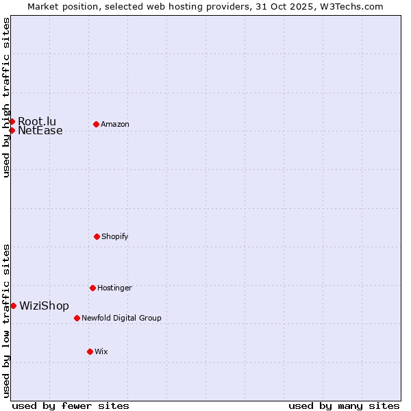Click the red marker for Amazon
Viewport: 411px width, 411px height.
pos(96,124)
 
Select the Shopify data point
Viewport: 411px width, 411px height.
pos(97,236)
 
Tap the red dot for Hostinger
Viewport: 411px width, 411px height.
pos(92,288)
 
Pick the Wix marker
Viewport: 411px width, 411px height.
pos(90,351)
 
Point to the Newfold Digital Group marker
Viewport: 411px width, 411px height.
pos(77,318)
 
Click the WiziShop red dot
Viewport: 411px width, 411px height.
pos(13,306)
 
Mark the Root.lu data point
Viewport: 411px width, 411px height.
pos(12,121)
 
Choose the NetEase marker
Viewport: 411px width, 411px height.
pos(12,130)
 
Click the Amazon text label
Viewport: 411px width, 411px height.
pos(115,124)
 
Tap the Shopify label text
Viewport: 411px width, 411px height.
pos(115,236)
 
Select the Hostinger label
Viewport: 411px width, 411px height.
pos(114,288)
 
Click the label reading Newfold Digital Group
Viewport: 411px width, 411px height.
pos(121,318)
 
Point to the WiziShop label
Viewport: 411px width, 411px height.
pos(44,306)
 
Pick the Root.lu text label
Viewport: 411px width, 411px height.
pos(37,121)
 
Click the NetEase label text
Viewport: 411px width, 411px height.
pos(40,131)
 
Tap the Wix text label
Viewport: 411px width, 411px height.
pos(101,351)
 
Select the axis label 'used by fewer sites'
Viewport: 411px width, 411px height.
pos(71,406)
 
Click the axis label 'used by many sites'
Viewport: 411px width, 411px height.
pos(344,406)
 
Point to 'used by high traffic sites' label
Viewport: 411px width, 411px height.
pos(6,97)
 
